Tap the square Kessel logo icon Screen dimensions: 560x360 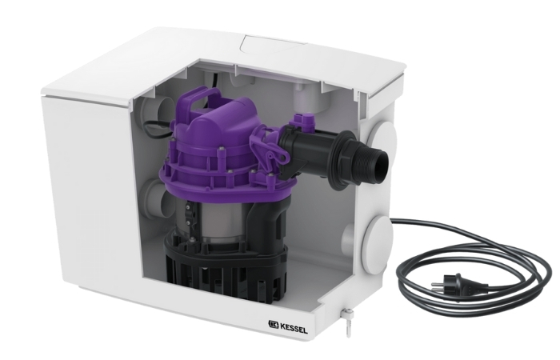point(274,325)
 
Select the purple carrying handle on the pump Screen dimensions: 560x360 point(201,98)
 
